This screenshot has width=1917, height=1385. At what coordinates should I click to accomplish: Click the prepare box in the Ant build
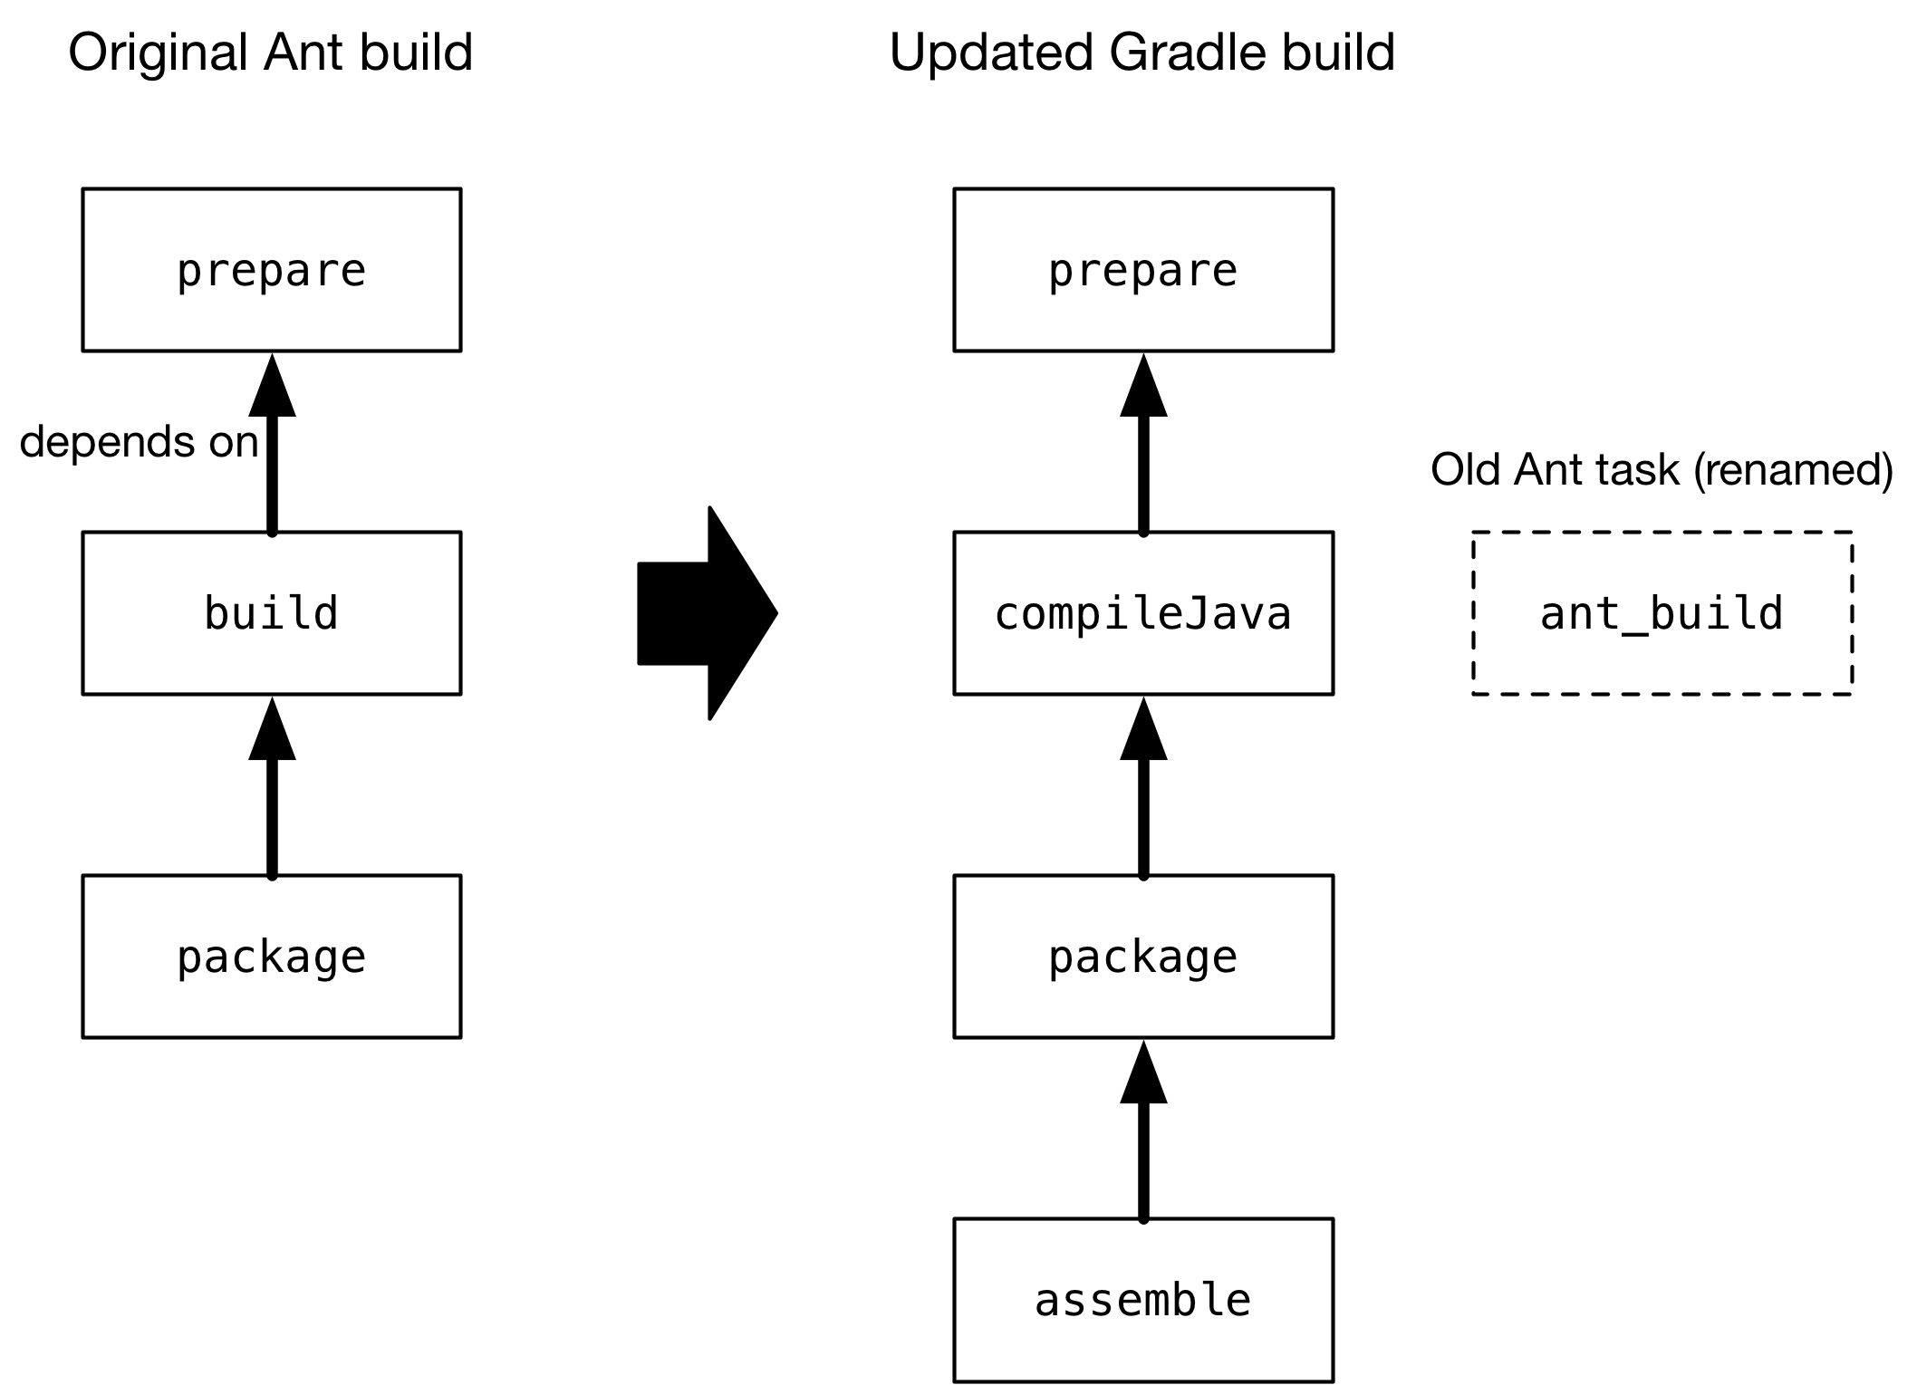pos(272,270)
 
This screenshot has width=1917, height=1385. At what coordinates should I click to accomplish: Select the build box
pos(272,613)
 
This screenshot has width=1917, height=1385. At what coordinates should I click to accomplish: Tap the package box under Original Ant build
pos(272,957)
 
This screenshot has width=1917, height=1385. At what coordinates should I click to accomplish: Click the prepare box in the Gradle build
pos(1143,270)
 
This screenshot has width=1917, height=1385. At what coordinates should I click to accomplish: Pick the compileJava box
pos(1143,613)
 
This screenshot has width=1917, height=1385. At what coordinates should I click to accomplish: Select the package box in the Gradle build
pos(1143,957)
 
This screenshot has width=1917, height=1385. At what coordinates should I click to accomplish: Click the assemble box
pos(1143,1300)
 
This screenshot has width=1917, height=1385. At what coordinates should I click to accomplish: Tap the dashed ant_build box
pos(1662,613)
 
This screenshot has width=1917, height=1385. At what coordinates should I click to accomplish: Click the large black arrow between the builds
pos(707,613)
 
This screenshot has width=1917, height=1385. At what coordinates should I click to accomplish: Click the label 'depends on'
pos(139,442)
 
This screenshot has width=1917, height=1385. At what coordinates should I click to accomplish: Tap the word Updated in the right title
pos(991,53)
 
